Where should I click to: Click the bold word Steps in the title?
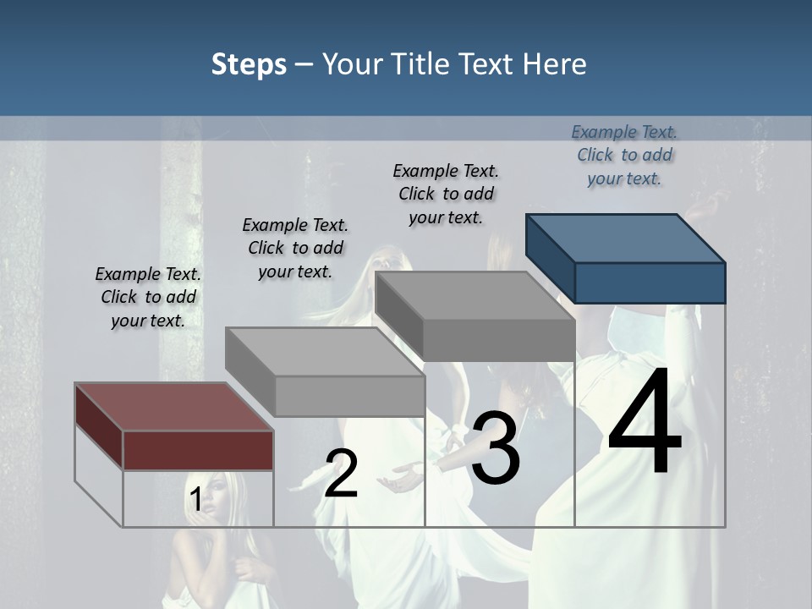[x=249, y=65]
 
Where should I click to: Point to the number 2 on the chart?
[x=341, y=474]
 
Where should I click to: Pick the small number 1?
[x=195, y=500]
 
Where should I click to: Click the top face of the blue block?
[x=624, y=238]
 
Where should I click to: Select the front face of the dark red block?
[x=198, y=450]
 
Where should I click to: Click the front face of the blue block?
[x=650, y=283]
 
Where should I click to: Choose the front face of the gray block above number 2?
[x=349, y=396]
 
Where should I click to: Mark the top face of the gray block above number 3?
[x=474, y=296]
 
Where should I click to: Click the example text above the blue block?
[x=624, y=155]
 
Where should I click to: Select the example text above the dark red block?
[x=148, y=297]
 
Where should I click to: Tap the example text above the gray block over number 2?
[x=295, y=248]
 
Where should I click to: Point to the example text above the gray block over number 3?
[x=446, y=194]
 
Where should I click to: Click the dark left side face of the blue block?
[x=550, y=257]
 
